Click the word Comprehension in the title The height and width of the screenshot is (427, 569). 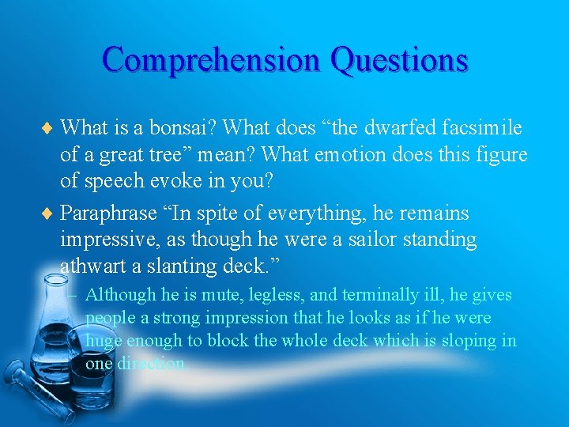point(211,60)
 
